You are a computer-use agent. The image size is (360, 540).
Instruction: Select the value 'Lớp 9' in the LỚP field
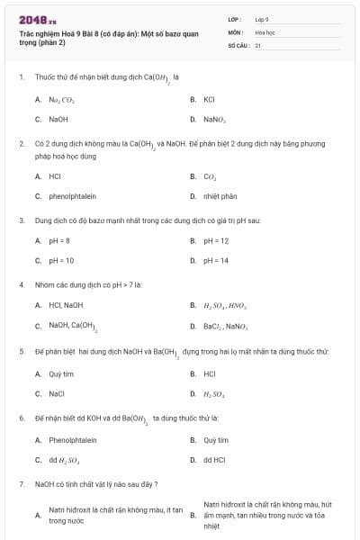coord(262,18)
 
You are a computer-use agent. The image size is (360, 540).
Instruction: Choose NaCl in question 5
coord(58,392)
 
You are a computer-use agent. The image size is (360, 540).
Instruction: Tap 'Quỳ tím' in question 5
coord(61,373)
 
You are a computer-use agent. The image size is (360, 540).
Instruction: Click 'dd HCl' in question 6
coord(214,460)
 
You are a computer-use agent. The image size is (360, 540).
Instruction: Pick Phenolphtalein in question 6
coord(72,440)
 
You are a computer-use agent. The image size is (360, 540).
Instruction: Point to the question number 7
coord(21,484)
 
